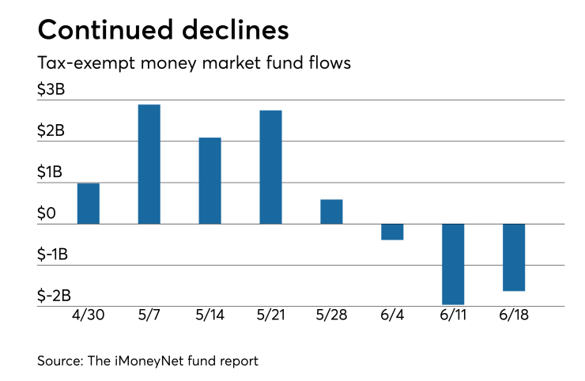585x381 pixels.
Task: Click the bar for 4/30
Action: point(89,203)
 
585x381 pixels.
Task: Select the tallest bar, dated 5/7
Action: point(149,164)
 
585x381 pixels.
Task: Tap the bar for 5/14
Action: point(210,180)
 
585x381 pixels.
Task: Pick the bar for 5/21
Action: point(271,167)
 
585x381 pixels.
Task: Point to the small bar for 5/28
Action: point(331,211)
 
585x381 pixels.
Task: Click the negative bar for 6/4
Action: point(392,232)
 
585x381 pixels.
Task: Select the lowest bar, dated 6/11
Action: point(453,264)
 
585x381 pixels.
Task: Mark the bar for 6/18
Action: point(514,257)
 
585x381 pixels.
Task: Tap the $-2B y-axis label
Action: point(55,295)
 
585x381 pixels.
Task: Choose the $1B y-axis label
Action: point(51,172)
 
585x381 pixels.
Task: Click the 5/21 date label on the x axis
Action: point(271,315)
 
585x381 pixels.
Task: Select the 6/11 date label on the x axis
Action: point(453,315)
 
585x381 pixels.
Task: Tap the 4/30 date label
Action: point(89,315)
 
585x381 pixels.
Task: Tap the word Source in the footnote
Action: point(61,361)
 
